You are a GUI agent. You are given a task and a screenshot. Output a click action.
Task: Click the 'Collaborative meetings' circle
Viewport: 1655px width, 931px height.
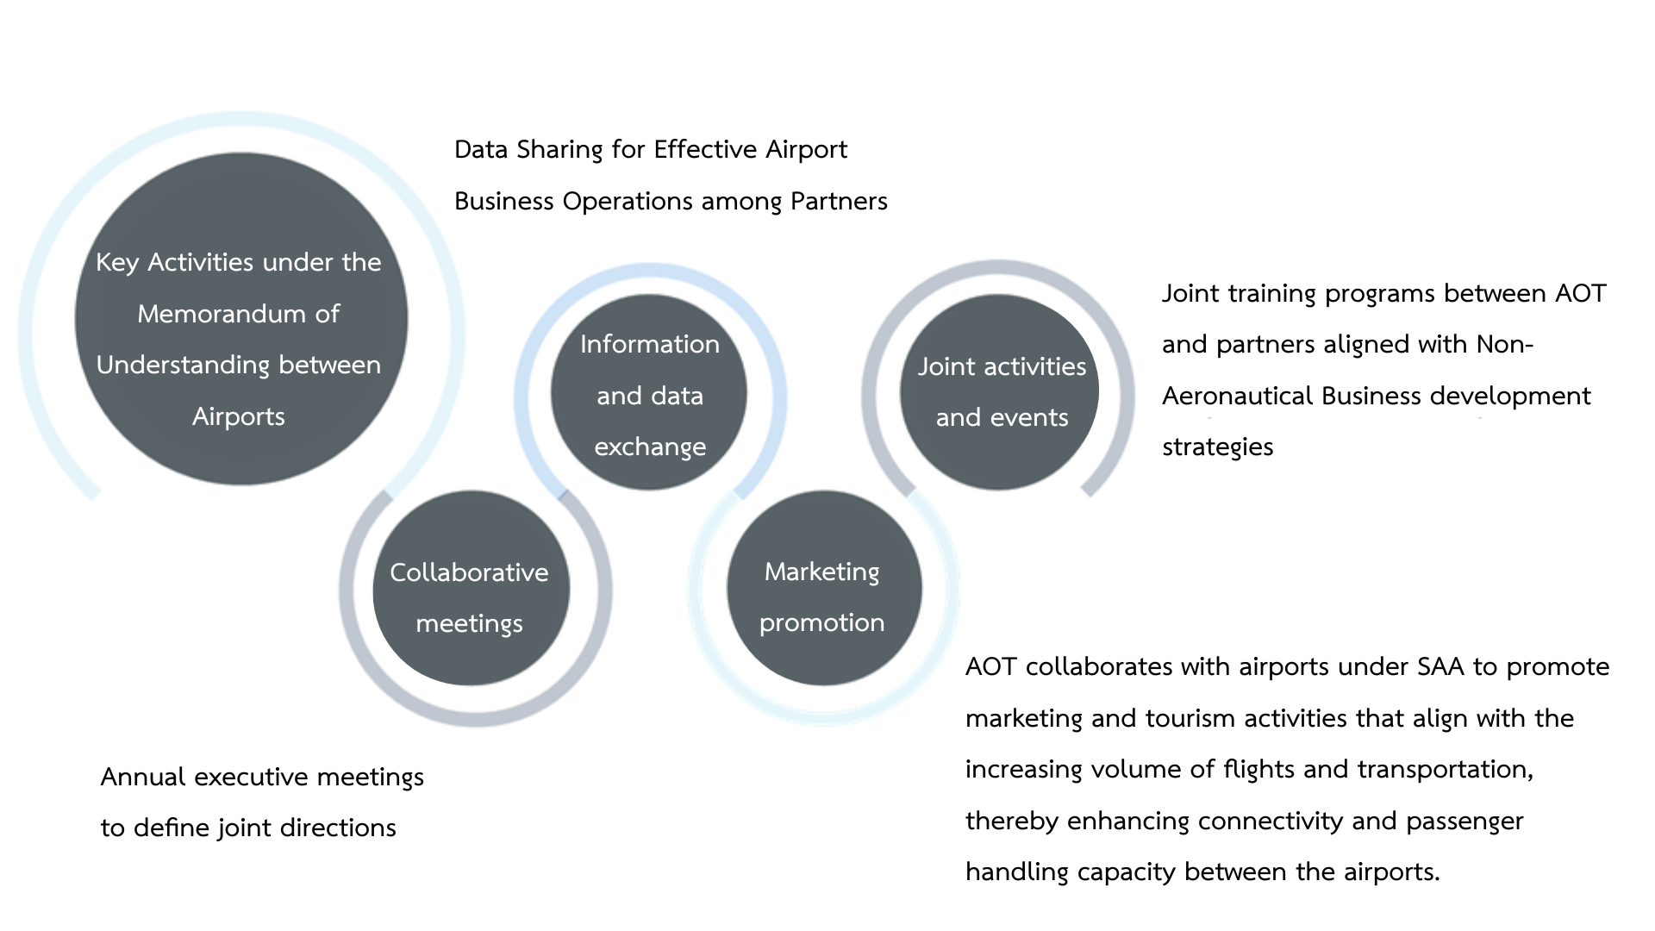pos(471,589)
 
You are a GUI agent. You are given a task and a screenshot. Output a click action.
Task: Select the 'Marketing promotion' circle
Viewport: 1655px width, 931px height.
pos(824,589)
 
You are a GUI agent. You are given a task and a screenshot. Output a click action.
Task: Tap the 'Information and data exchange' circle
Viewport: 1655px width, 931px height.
pos(649,392)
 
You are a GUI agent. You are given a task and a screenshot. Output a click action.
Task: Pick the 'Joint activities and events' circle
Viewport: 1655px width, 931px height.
pos(999,392)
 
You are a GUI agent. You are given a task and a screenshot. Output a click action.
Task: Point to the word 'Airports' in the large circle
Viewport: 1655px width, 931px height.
pos(239,417)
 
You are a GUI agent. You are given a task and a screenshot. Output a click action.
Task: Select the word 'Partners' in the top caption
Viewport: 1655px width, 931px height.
pos(839,202)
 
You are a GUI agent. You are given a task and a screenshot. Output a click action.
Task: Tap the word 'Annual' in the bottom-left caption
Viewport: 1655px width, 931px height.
pos(143,778)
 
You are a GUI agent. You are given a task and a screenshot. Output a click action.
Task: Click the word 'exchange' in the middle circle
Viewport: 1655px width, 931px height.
pos(650,447)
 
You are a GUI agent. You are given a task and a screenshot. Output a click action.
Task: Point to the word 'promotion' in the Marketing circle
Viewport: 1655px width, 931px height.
pos(822,623)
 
